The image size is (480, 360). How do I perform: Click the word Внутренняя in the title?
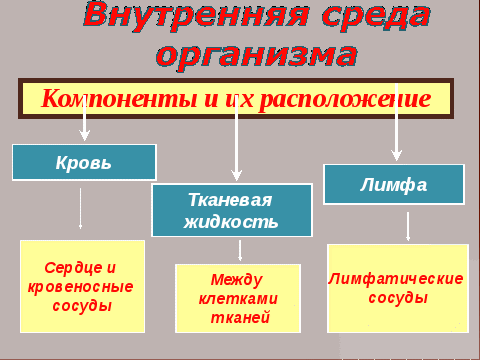coord(196,15)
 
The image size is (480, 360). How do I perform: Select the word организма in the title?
coord(257,56)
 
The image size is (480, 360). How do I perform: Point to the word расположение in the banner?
coord(345,99)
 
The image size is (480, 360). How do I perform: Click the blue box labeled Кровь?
coord(84,163)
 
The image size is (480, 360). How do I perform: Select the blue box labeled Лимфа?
coord(394,184)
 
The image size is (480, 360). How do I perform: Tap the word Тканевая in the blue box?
coord(230,200)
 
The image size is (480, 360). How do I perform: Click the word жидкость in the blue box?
coord(231,222)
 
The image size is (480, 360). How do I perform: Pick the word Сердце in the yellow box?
coord(74,268)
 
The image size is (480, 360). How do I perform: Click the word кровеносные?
coord(80,287)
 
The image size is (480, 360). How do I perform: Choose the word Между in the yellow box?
coord(237,280)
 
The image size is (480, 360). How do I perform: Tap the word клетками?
coord(238,299)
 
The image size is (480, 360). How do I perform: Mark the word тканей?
coord(240,317)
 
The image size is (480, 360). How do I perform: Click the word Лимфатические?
coord(396,279)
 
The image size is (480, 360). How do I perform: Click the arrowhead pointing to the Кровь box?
coord(85,136)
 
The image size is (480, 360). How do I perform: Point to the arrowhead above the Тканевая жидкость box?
coord(237,175)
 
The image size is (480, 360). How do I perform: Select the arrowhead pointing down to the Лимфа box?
coord(396,155)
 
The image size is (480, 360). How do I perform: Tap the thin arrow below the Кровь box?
coord(80,208)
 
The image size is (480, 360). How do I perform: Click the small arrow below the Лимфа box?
coord(408,226)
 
